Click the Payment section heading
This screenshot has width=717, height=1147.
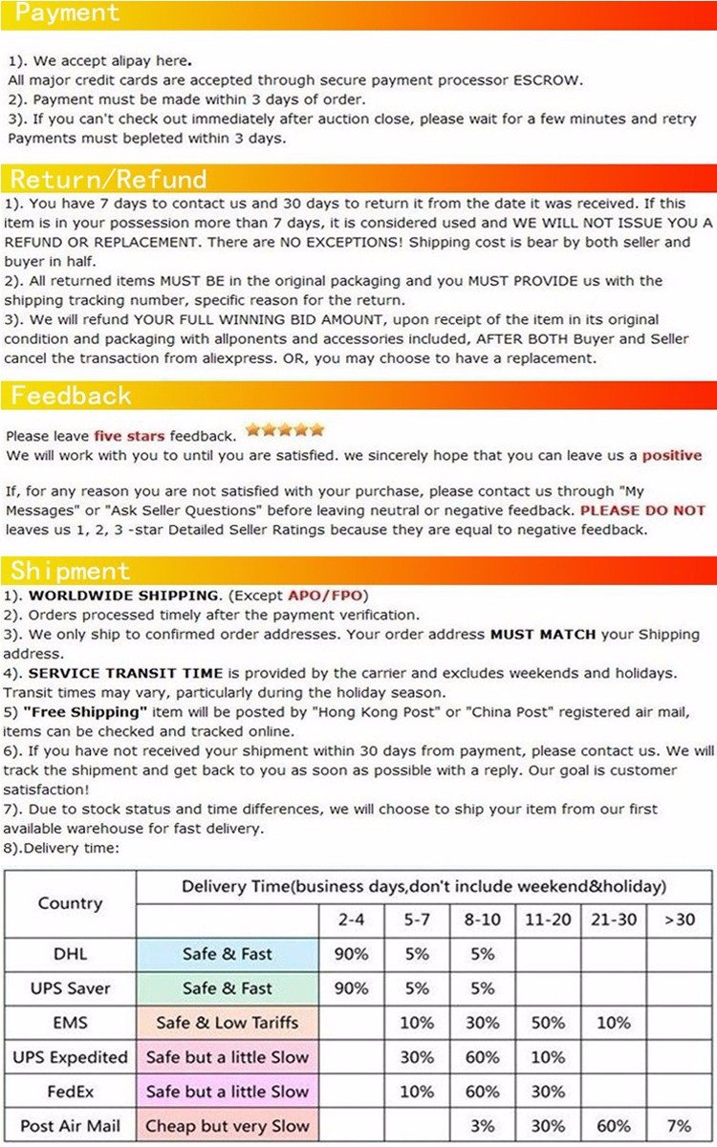tap(68, 13)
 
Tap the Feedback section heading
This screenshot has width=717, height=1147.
tap(71, 395)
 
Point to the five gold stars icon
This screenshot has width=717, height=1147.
tap(285, 430)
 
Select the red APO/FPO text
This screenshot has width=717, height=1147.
tap(325, 595)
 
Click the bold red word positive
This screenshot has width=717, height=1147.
tap(671, 456)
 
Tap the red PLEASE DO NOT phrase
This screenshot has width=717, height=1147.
tap(642, 510)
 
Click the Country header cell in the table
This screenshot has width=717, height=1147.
tap(70, 903)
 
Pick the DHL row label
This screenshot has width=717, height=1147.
tap(70, 954)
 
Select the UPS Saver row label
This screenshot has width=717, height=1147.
tap(70, 988)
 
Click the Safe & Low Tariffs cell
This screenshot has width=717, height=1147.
tap(227, 1023)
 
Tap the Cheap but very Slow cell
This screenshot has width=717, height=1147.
tap(227, 1126)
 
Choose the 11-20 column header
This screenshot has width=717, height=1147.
tap(548, 920)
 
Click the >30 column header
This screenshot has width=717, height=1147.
tap(681, 920)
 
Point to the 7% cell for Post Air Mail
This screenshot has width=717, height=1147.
tap(681, 1126)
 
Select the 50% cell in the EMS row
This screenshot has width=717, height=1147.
tap(548, 1023)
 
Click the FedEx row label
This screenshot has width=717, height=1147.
tap(70, 1092)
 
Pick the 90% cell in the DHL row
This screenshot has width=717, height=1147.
tap(351, 954)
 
